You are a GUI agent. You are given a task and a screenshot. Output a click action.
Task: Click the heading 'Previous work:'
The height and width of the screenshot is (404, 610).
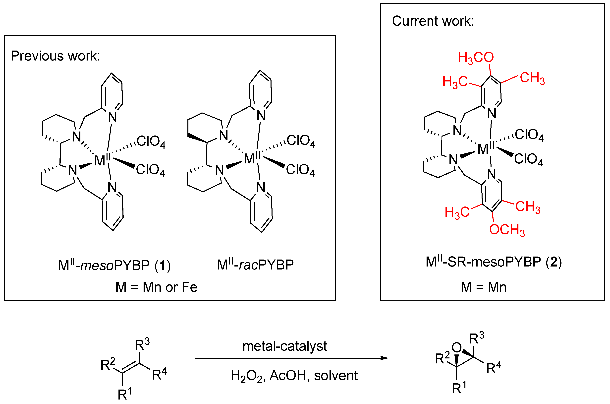click(55, 56)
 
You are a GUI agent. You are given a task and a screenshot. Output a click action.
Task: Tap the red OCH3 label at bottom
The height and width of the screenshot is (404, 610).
click(507, 230)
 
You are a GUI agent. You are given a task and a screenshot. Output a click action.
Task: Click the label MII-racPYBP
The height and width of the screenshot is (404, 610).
click(255, 265)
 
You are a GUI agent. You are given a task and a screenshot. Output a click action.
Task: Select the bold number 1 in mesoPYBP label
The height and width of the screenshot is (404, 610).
click(162, 265)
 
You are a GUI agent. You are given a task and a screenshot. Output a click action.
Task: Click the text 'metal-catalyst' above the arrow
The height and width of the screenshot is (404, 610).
click(284, 346)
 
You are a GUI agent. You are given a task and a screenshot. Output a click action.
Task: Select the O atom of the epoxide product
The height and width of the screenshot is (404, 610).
click(456, 348)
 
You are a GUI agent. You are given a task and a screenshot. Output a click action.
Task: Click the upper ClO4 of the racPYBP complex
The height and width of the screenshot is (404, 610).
click(300, 141)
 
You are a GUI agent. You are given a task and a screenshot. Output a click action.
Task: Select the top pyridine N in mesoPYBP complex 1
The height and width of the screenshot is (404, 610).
click(112, 117)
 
